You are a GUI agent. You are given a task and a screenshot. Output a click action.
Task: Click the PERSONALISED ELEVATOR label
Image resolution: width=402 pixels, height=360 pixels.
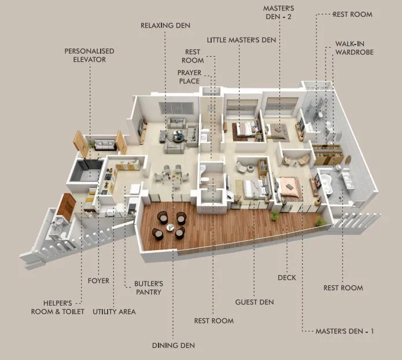(x=89, y=55)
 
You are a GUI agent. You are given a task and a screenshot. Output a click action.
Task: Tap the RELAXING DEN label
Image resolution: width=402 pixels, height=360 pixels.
(x=165, y=25)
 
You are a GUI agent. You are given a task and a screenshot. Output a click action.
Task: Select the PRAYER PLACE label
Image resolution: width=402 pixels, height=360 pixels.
(x=189, y=76)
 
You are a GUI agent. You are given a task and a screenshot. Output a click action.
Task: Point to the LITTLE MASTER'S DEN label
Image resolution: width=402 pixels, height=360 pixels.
(x=242, y=39)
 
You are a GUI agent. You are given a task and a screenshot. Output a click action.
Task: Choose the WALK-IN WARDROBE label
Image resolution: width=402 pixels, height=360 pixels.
(x=354, y=48)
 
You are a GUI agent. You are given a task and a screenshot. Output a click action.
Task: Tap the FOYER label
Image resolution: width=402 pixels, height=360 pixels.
(x=98, y=281)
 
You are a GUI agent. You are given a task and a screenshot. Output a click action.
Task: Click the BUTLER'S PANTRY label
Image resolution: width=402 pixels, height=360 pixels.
(x=149, y=288)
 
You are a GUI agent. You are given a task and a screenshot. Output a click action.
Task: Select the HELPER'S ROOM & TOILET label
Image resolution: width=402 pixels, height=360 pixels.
(x=58, y=307)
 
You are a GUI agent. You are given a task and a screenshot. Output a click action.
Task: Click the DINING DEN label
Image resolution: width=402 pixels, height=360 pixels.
(x=174, y=345)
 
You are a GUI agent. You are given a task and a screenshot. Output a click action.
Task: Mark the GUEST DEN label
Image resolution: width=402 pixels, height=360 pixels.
(x=255, y=302)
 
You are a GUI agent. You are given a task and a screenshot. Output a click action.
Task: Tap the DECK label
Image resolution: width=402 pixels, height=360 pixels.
(x=287, y=278)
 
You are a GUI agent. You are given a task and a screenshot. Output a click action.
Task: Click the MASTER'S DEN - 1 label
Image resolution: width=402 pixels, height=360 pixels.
(x=345, y=331)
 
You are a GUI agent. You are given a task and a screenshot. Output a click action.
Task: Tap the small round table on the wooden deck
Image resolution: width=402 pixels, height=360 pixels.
(x=169, y=227)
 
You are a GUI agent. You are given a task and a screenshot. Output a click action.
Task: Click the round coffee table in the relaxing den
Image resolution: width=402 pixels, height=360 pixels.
(x=178, y=136)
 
